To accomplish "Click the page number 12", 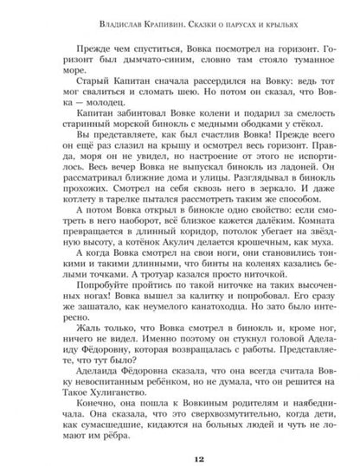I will click(x=180, y=445).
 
